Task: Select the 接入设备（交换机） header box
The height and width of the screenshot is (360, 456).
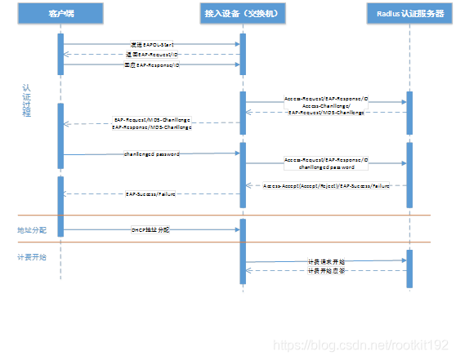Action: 243,13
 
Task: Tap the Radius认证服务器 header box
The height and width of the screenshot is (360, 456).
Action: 409,13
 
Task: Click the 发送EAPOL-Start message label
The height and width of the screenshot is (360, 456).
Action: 152,43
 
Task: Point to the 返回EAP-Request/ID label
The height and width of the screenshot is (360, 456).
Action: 152,54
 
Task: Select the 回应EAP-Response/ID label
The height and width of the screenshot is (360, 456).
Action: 152,64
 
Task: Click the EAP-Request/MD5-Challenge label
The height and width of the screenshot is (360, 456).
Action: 152,120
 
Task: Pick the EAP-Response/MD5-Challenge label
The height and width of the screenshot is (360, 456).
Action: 152,127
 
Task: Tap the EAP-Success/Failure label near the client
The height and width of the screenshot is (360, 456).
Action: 151,194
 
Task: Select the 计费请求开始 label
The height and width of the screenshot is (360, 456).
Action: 325,261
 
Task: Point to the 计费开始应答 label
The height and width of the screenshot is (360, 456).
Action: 325,271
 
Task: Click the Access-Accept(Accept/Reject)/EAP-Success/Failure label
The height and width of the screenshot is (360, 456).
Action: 326,186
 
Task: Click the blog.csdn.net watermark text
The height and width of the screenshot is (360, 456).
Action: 360,345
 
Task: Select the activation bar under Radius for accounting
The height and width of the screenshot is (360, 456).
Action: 409,269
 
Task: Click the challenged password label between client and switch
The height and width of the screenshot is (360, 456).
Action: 152,153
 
